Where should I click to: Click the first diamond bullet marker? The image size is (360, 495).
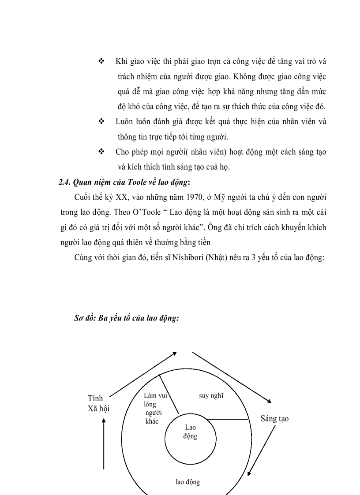pyautogui.click(x=101, y=61)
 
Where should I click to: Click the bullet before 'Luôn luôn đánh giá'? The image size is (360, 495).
pyautogui.click(x=101, y=121)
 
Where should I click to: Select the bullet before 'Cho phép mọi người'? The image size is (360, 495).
pyautogui.click(x=101, y=152)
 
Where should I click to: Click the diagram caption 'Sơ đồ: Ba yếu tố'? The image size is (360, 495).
pyautogui.click(x=126, y=318)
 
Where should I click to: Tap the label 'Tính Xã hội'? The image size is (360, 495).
pyautogui.click(x=98, y=403)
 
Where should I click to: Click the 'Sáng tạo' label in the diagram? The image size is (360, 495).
pyautogui.click(x=274, y=418)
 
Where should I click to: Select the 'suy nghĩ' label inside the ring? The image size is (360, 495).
pyautogui.click(x=211, y=395)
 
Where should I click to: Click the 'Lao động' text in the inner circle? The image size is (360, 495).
pyautogui.click(x=190, y=432)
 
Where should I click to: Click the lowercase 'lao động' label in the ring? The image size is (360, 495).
pyautogui.click(x=187, y=482)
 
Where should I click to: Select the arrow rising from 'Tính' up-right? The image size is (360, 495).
pyautogui.click(x=142, y=374)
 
